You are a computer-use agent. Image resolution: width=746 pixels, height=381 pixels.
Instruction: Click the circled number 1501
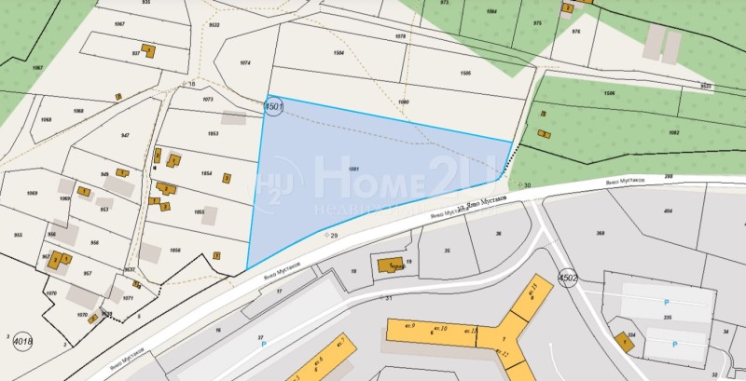pyautogui.click(x=274, y=107)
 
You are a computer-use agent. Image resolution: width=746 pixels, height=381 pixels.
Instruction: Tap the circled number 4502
pyautogui.click(x=568, y=278)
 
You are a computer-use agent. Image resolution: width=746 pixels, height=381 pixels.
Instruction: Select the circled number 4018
pyautogui.click(x=22, y=343)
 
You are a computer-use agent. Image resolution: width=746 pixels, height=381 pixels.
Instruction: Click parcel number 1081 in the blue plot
pyautogui.click(x=353, y=169)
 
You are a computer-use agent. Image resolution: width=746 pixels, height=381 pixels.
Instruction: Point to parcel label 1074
pyautogui.click(x=245, y=62)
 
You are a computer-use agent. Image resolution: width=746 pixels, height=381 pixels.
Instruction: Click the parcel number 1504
pyautogui.click(x=338, y=53)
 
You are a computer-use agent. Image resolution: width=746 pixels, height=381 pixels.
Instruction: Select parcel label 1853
pyautogui.click(x=213, y=134)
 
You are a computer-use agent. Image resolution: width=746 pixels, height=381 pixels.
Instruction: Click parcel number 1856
pyautogui.click(x=175, y=250)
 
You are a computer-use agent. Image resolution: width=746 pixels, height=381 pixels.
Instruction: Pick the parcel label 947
pyautogui.click(x=124, y=135)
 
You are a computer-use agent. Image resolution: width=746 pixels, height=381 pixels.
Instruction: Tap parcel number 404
pyautogui.click(x=668, y=212)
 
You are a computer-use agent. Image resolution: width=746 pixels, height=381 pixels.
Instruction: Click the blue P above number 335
pyautogui.click(x=666, y=302)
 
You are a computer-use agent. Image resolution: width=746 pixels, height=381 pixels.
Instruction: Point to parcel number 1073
pyautogui.click(x=208, y=97)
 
